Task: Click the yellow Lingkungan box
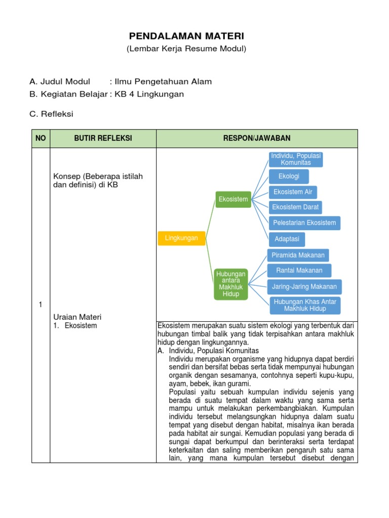point(181,238)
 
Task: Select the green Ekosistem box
point(233,199)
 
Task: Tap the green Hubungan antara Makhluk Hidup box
point(230,284)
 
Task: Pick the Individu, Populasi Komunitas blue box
point(296,159)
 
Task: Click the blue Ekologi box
point(289,177)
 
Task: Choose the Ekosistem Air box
point(293,192)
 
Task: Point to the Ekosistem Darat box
point(295,207)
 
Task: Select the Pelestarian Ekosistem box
point(304,223)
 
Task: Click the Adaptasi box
point(287,239)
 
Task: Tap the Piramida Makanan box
point(298,255)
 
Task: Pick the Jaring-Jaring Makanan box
point(304,286)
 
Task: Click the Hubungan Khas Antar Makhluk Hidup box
point(304,305)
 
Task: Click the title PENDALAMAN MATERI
point(186,36)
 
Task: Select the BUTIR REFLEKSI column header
point(103,139)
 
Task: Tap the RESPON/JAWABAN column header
point(257,139)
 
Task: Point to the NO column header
point(41,139)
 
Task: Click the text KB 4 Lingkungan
point(149,94)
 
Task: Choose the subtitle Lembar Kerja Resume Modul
point(186,49)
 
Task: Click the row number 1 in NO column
point(41,304)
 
